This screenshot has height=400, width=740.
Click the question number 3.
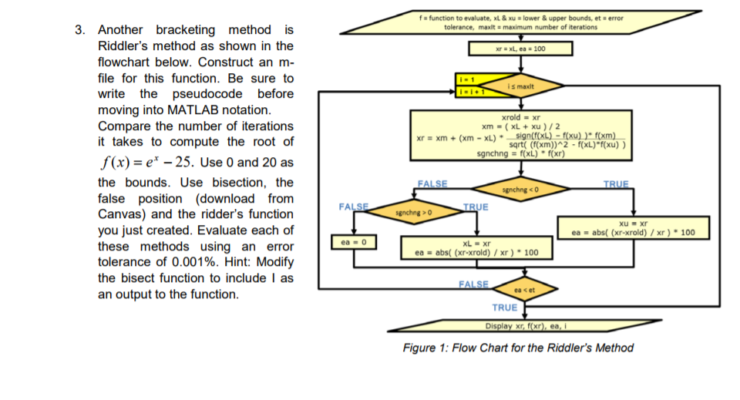79,30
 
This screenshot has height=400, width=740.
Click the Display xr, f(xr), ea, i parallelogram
526,325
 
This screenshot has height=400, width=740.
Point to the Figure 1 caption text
518,348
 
